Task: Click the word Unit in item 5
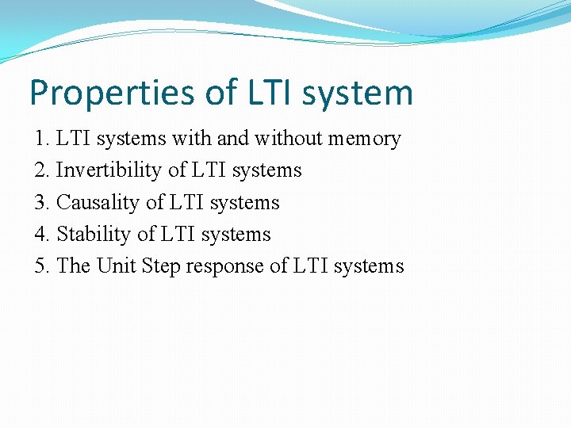point(117,266)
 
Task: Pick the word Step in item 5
point(160,266)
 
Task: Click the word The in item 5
point(74,266)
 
